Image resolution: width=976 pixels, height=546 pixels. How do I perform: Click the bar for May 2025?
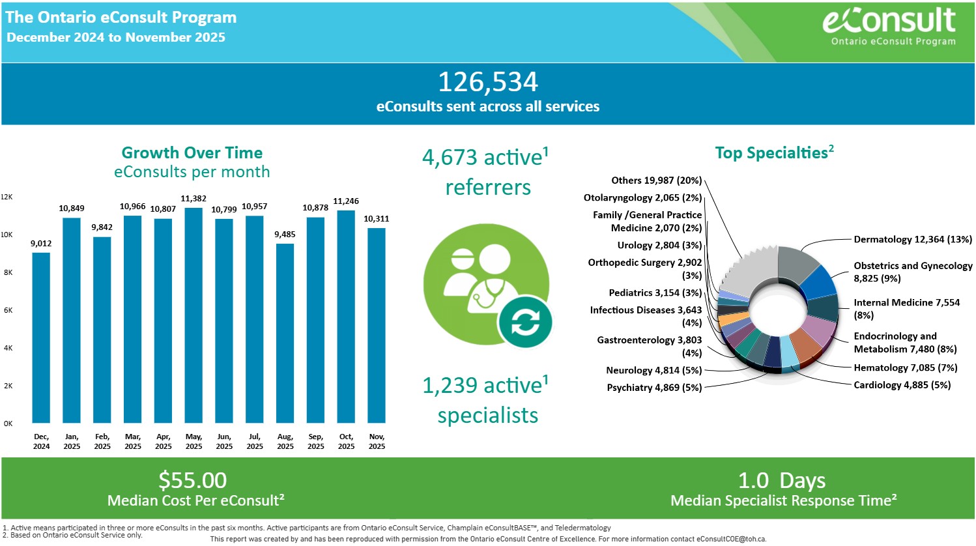pyautogui.click(x=194, y=315)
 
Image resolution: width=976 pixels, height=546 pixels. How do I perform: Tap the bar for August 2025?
pyautogui.click(x=285, y=333)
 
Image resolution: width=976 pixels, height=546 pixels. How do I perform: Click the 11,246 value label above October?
pyautogui.click(x=346, y=201)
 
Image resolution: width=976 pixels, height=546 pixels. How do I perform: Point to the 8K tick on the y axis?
pyautogui.click(x=8, y=272)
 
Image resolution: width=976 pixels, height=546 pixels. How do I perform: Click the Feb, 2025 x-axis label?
pyautogui.click(x=102, y=441)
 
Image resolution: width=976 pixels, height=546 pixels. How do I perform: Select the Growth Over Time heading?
pyautogui.click(x=192, y=153)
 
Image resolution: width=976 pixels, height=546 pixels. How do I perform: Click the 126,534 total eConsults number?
pyautogui.click(x=487, y=82)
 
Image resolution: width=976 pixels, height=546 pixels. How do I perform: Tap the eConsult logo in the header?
pyautogui.click(x=889, y=26)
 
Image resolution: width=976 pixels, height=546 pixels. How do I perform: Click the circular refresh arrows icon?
pyautogui.click(x=525, y=321)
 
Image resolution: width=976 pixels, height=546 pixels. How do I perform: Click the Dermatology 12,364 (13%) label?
pyautogui.click(x=913, y=240)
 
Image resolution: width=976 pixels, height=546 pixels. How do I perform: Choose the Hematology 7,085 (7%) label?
pyautogui.click(x=906, y=368)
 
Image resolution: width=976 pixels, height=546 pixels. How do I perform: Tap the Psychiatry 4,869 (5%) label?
pyautogui.click(x=654, y=388)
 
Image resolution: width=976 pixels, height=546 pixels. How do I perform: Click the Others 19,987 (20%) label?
pyautogui.click(x=656, y=180)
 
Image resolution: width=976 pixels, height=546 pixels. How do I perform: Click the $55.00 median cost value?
pyautogui.click(x=193, y=481)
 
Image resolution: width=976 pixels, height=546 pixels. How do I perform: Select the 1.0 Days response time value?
pyautogui.click(x=782, y=481)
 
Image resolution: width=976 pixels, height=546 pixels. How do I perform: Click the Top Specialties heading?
pyautogui.click(x=774, y=153)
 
